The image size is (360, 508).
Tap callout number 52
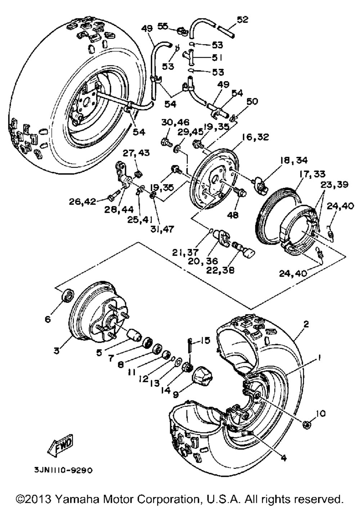pos(242,20)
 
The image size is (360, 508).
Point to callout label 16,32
pos(255,137)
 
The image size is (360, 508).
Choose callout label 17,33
pos(311,174)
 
